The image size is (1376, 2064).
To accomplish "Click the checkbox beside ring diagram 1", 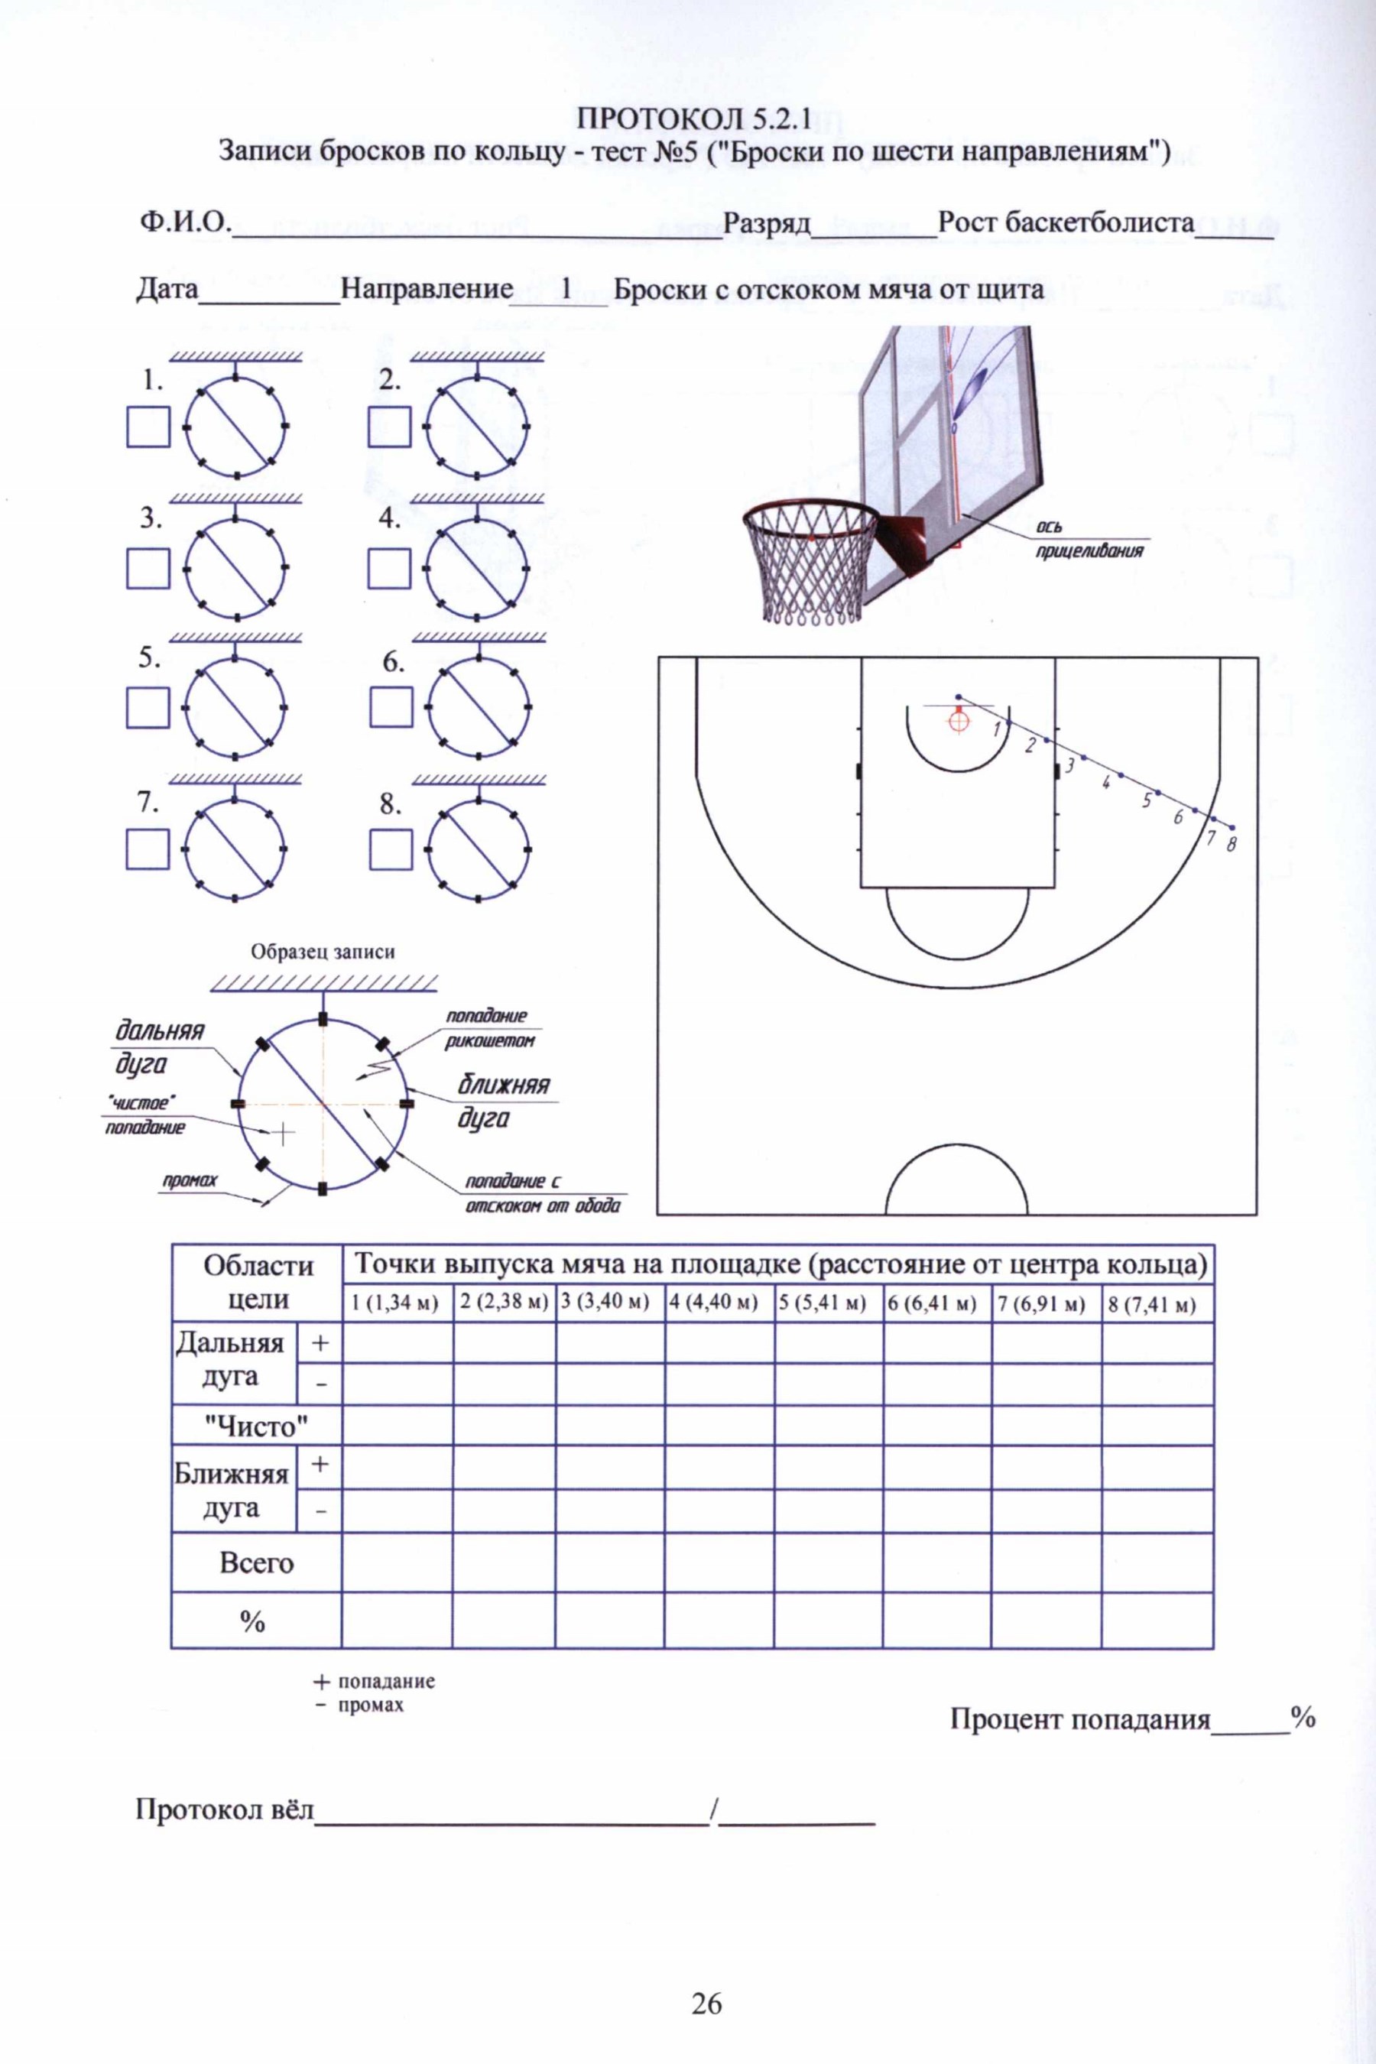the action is tap(148, 427).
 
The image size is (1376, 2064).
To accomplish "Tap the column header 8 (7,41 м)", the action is tap(1157, 1303).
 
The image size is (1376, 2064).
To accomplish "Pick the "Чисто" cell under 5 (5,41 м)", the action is tap(829, 1425).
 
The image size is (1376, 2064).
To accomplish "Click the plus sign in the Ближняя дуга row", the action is tap(320, 1465).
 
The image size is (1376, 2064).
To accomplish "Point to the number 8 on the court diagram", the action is tap(1232, 845).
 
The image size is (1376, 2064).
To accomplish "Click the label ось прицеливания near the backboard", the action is tap(1091, 539).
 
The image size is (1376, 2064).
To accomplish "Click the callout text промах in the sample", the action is tap(183, 1180).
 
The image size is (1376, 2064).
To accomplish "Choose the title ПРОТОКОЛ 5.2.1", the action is tap(693, 117).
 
